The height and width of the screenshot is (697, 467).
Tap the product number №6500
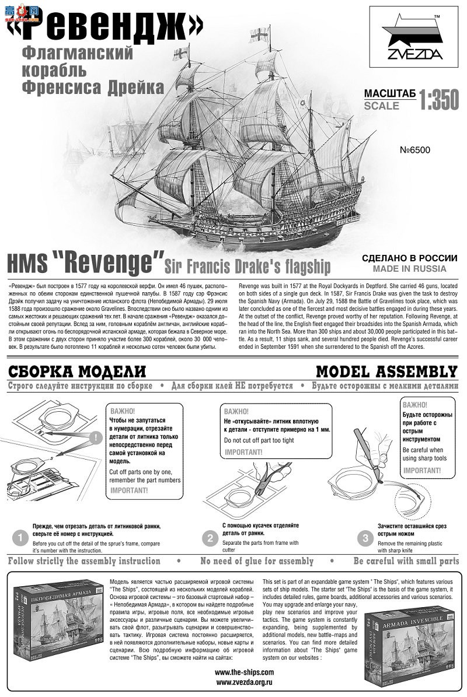point(415,150)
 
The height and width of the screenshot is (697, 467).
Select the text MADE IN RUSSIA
point(409,269)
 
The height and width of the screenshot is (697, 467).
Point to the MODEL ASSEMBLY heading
point(386,372)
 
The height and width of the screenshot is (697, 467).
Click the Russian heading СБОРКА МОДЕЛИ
point(76,372)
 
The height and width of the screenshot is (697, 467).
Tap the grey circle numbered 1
point(20,537)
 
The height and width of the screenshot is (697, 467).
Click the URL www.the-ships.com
point(244,672)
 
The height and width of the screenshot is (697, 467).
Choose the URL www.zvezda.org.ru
point(244,681)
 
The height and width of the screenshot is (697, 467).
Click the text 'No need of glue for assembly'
point(257,561)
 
